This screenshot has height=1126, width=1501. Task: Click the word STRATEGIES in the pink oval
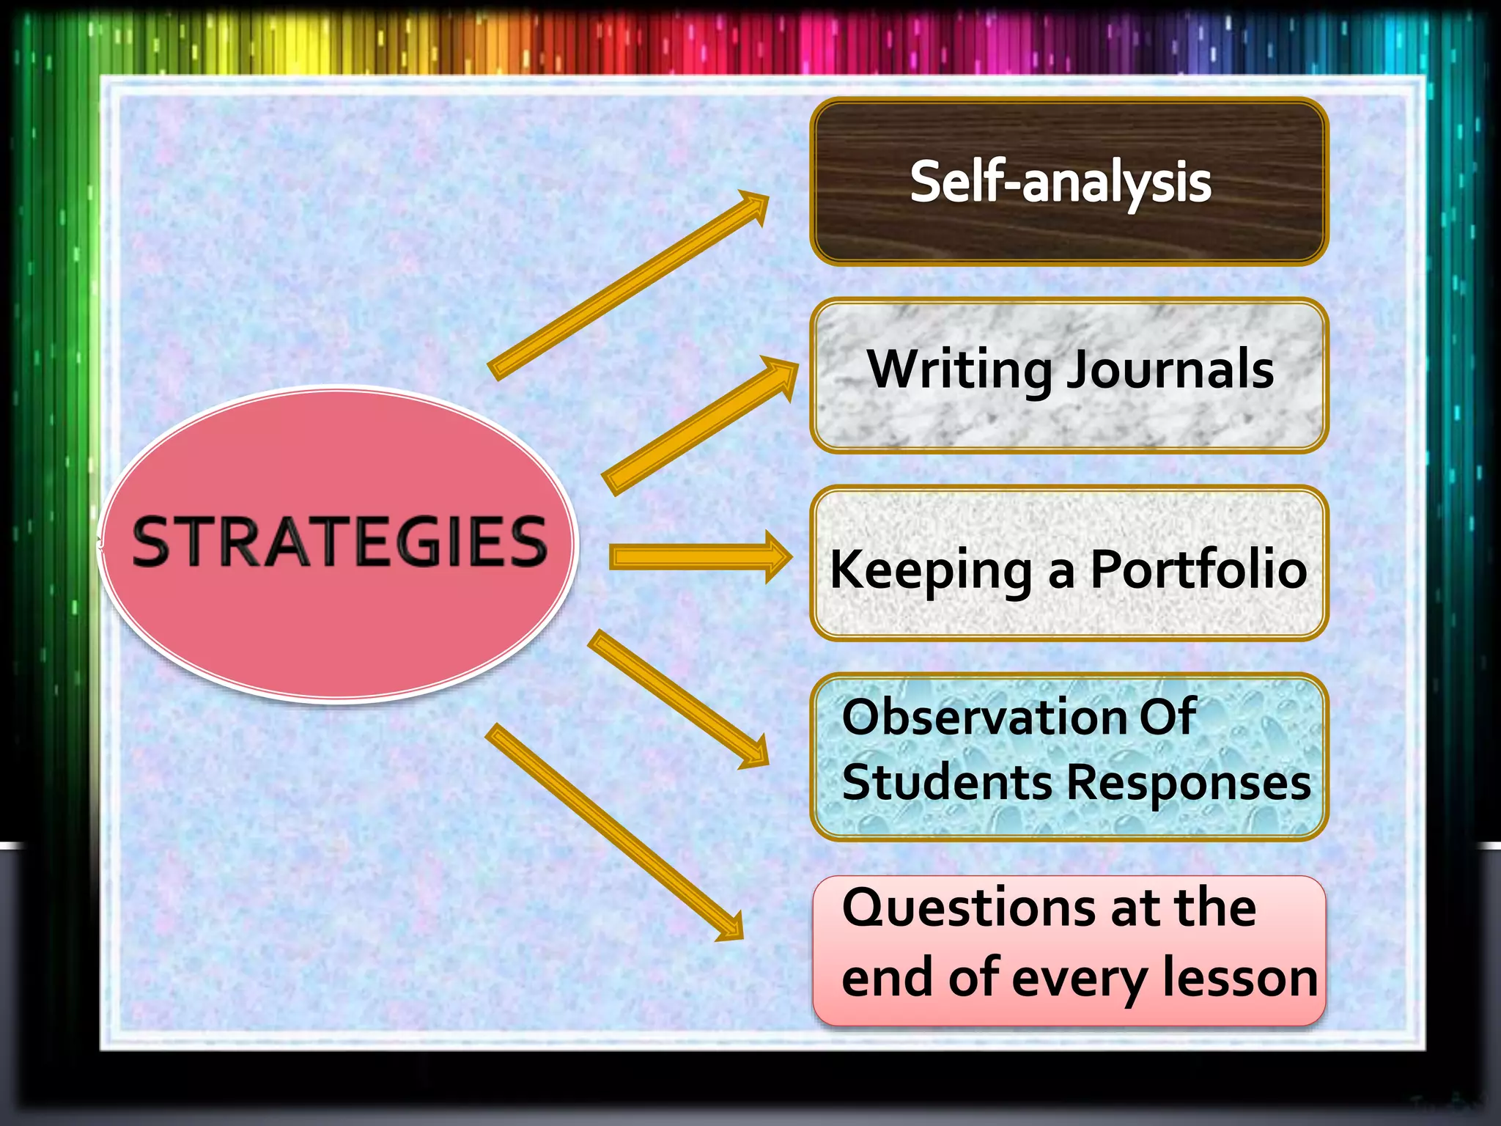[339, 542]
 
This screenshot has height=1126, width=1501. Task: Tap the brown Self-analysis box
[1069, 182]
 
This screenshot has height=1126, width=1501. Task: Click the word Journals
[1170, 370]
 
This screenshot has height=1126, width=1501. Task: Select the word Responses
[1188, 784]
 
